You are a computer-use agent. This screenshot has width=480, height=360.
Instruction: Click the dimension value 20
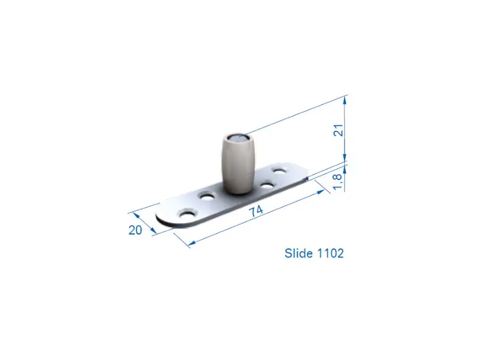(x=135, y=230)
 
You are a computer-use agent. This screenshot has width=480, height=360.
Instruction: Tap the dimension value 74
(x=256, y=211)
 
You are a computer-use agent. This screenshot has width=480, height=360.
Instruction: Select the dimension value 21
(x=338, y=130)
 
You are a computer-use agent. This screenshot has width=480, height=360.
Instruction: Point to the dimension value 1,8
(x=338, y=181)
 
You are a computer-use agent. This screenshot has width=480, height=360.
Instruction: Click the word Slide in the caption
(x=299, y=253)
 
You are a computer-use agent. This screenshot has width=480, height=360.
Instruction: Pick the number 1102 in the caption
(x=331, y=253)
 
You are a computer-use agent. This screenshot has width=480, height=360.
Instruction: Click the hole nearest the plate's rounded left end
(x=187, y=214)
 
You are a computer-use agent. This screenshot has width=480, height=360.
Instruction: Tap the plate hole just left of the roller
(x=207, y=196)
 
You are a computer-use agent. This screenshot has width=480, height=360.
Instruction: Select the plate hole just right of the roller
(x=267, y=185)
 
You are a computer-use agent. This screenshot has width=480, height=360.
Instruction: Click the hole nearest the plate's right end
(x=280, y=170)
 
